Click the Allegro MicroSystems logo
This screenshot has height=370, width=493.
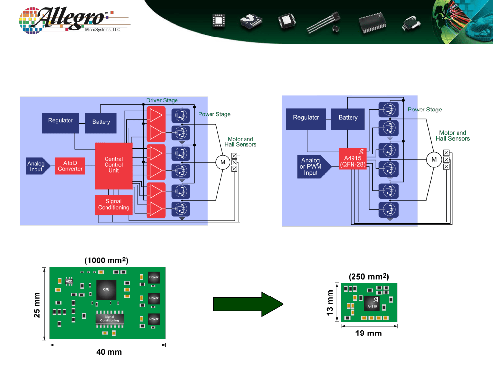[x=74, y=20]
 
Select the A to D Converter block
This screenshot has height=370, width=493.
[x=70, y=166]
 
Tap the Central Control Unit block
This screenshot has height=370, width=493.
[x=113, y=166]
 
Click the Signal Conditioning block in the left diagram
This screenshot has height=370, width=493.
[x=113, y=205]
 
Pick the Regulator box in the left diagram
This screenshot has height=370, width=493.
[x=60, y=123]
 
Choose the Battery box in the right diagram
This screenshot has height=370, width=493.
[x=348, y=119]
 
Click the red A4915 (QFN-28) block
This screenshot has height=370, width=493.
[x=353, y=159]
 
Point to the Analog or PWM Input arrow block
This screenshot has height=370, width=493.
[x=314, y=166]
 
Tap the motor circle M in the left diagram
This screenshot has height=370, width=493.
[x=223, y=162]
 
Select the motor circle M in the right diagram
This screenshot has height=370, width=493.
[x=434, y=159]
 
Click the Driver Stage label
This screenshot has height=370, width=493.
[x=162, y=100]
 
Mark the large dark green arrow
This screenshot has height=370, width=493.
[x=248, y=304]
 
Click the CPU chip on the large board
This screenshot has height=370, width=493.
[x=106, y=290]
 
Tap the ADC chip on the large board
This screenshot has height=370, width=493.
[x=69, y=281]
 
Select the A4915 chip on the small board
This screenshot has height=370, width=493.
[x=372, y=303]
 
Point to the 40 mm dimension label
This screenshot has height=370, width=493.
[x=109, y=352]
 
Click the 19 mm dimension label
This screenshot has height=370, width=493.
[x=368, y=333]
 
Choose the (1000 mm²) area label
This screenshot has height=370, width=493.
[x=106, y=260]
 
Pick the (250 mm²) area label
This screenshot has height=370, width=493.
[x=369, y=277]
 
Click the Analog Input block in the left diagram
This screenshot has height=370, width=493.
[x=37, y=166]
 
